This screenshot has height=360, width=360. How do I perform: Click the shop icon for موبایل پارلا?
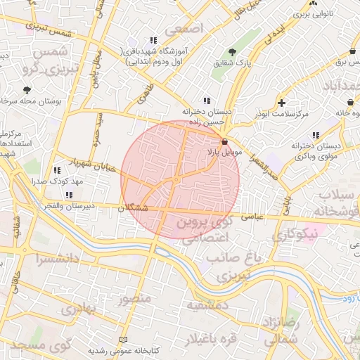coord(224,141)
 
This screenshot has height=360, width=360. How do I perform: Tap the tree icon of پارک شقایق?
coord(233,52)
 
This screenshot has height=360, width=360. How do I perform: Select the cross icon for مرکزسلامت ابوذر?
coord(282,103)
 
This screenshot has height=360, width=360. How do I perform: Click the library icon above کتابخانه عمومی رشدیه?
coord(124,340)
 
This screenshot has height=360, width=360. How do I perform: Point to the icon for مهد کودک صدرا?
coord(56,170)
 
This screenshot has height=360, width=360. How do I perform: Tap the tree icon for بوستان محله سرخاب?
coord(27,89)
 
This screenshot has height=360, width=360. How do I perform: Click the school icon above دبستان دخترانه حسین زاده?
coord(206,101)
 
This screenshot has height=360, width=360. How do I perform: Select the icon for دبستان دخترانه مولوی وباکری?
coord(316,134)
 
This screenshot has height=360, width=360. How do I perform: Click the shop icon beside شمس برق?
coord(352,51)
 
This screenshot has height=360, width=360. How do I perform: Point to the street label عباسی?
coord(252,218)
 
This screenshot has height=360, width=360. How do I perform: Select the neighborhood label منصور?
coord(134,299)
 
